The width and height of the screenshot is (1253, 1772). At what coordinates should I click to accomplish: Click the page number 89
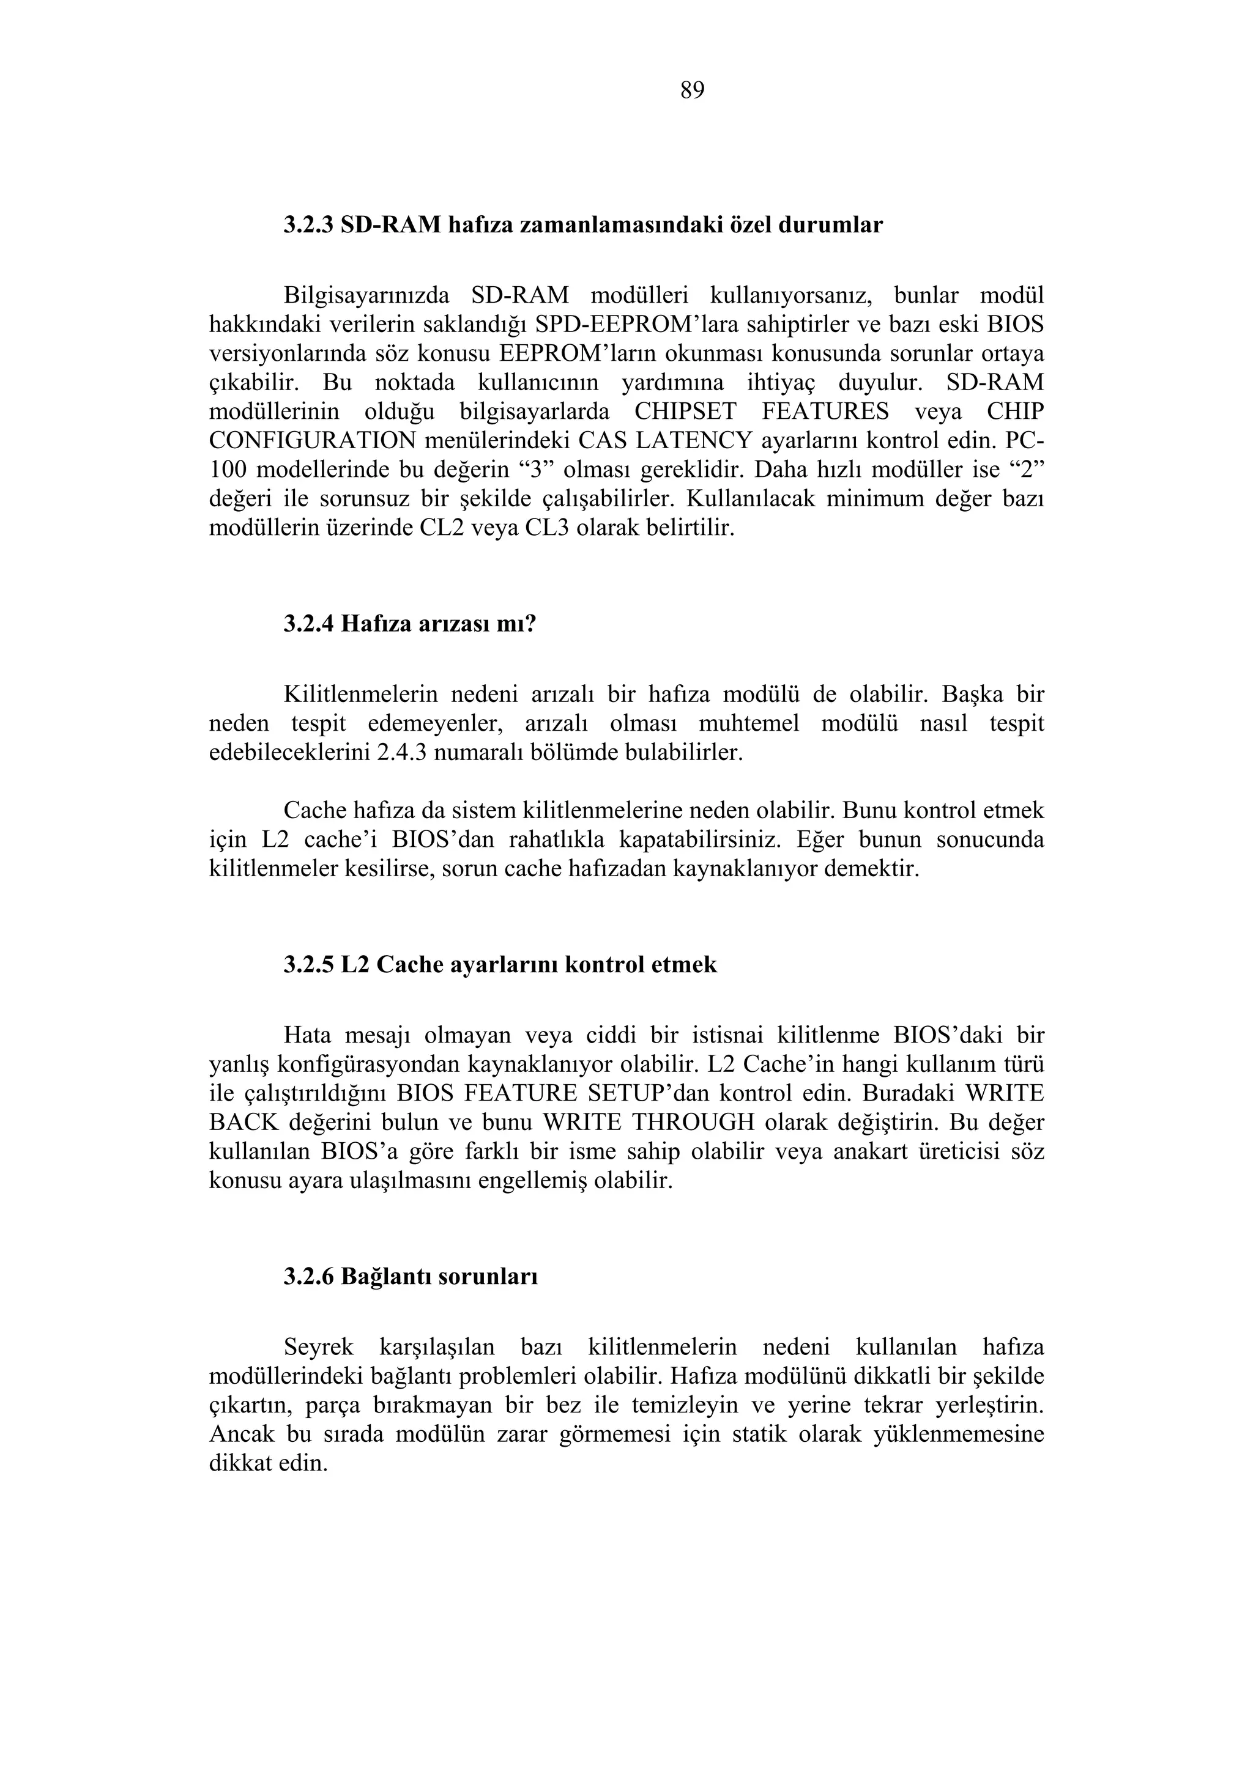pyautogui.click(x=692, y=91)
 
